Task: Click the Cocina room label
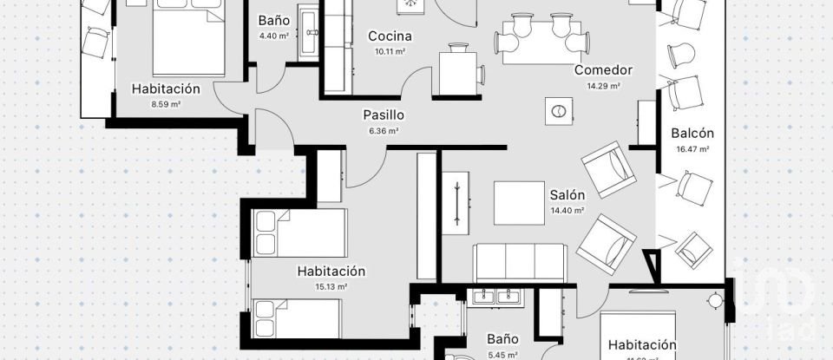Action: coord(389,36)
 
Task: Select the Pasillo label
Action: coord(384,115)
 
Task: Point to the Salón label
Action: coord(567,195)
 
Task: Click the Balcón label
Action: coord(692,133)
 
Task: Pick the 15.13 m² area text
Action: coord(331,287)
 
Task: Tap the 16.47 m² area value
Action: coord(692,149)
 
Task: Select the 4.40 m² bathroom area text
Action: coord(273,36)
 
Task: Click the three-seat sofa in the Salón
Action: coord(519,262)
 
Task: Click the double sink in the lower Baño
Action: coord(497,298)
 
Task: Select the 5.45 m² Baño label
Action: coord(502,339)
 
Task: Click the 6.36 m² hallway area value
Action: coord(384,131)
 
